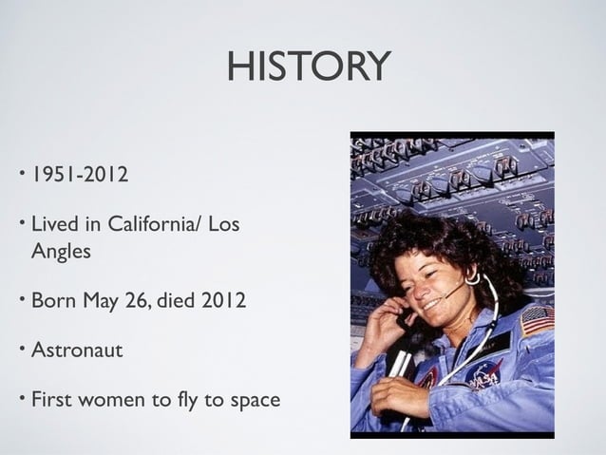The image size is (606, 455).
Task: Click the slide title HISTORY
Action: pos(308,66)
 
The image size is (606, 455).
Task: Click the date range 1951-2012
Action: pos(79,176)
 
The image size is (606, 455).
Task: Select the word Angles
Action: pos(62,252)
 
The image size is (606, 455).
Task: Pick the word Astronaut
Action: pos(77,351)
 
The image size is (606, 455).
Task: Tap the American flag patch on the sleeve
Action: pos(537,319)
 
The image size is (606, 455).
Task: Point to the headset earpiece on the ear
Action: pos(471,278)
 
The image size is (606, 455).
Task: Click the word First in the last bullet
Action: pos(52,400)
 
